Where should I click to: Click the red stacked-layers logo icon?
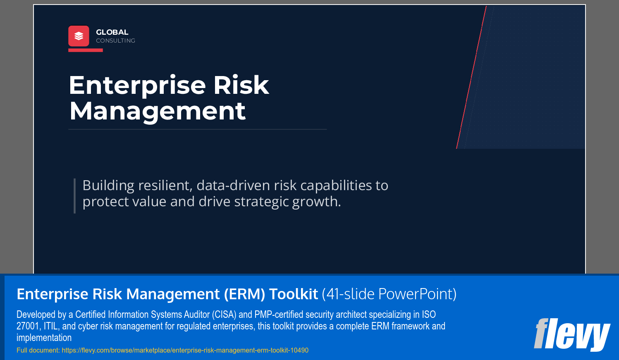79,36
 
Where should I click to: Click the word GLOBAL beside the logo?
112,32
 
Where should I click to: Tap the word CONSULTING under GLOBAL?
115,41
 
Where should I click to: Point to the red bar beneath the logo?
86,50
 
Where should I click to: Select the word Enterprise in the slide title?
137,86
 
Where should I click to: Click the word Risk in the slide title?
241,86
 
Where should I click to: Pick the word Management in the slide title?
158,111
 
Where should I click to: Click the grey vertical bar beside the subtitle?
74,195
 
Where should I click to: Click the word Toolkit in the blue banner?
294,294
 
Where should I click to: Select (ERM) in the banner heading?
244,294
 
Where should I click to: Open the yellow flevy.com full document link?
185,350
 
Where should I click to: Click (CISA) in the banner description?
225,315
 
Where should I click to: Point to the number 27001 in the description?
28,326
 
